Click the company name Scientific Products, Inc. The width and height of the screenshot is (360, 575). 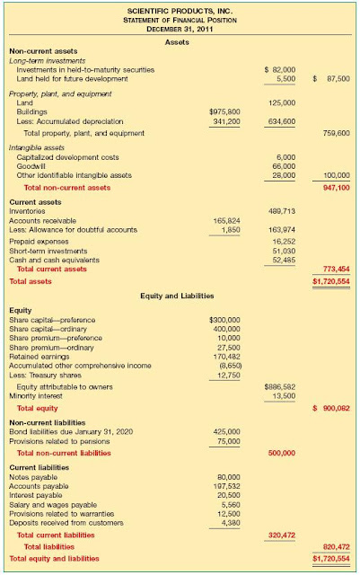(x=180, y=9)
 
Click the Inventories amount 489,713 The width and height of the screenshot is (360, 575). (x=282, y=210)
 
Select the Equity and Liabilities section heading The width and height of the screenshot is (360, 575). (x=180, y=295)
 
